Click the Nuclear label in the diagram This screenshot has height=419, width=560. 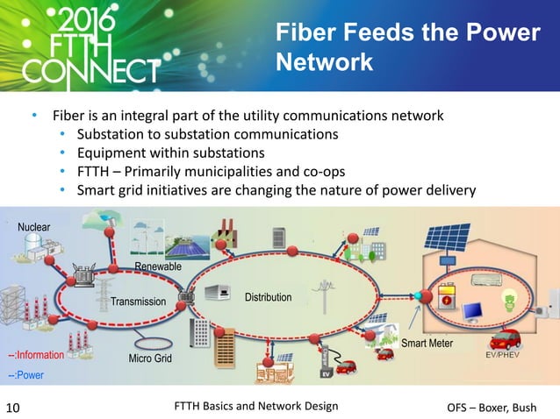click(32, 227)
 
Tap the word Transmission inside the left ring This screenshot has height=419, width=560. click(138, 302)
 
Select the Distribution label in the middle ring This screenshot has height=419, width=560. click(268, 297)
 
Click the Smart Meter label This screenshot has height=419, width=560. click(427, 343)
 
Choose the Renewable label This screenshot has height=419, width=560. click(157, 266)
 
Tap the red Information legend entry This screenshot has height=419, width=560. click(36, 355)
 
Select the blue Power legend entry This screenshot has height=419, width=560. click(26, 375)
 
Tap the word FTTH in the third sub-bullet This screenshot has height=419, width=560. click(95, 171)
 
